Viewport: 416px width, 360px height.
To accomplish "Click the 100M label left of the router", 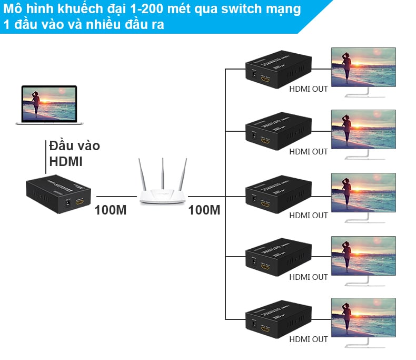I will click(x=111, y=210).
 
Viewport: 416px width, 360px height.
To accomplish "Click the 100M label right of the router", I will click(x=204, y=210).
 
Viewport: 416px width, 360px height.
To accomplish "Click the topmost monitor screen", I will click(x=363, y=67).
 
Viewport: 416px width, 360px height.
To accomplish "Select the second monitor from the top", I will click(x=363, y=129).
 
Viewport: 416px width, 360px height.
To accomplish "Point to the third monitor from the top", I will click(x=363, y=193).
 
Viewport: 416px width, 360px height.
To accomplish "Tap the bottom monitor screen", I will click(x=363, y=317).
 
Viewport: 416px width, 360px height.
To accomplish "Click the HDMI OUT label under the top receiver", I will click(x=309, y=89).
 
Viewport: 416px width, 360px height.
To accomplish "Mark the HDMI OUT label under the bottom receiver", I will click(x=309, y=339).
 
